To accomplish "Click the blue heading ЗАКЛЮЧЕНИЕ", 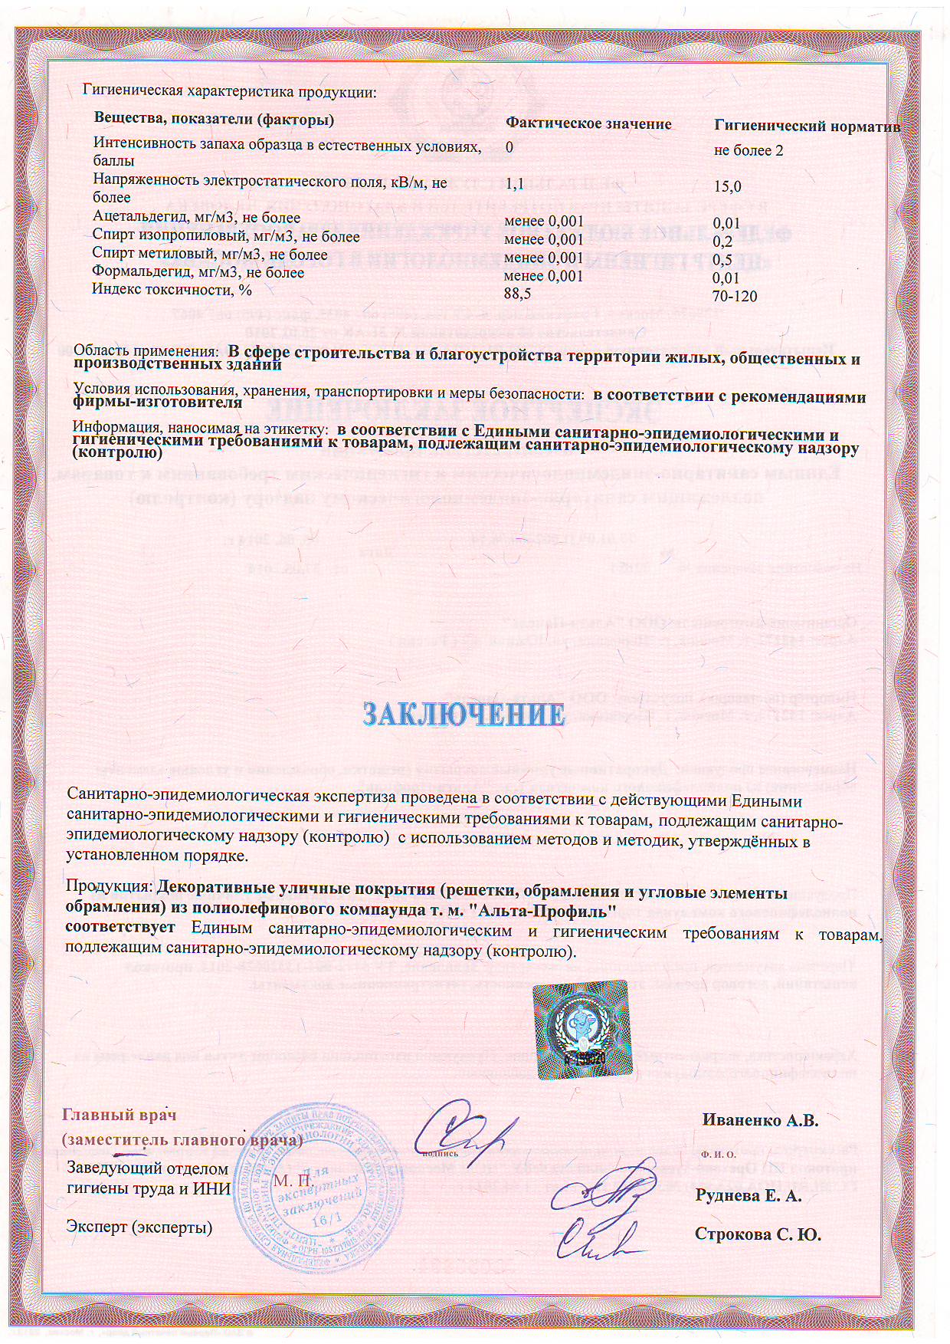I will click(x=464, y=715).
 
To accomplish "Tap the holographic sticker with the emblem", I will click(x=583, y=1030).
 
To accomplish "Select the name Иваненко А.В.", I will click(x=760, y=1120).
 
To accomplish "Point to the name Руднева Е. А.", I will click(x=748, y=1195).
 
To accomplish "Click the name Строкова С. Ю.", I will click(x=757, y=1234).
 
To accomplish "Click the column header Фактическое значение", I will click(x=588, y=124).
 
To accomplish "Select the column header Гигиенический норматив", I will click(x=806, y=127).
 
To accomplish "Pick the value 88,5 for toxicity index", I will click(x=517, y=294).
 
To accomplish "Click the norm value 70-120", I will click(x=734, y=296).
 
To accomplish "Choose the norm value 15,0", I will click(x=727, y=186).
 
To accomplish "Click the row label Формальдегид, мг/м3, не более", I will click(x=198, y=272).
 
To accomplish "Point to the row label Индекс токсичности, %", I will click(x=172, y=290).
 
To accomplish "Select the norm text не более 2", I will click(x=748, y=150).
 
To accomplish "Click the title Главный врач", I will click(x=119, y=1115).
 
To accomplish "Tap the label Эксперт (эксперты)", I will click(x=139, y=1227).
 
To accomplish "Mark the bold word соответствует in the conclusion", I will click(x=120, y=927).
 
